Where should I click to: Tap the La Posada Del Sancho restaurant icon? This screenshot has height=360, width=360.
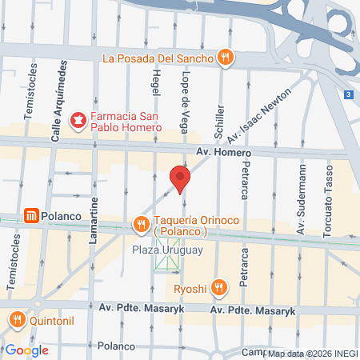click(x=226, y=58)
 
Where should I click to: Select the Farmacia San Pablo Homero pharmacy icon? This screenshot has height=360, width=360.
click(x=78, y=122)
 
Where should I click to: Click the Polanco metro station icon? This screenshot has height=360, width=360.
click(x=31, y=215)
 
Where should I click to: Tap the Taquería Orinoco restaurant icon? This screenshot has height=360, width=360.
click(x=142, y=222)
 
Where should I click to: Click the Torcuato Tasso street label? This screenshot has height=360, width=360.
click(x=327, y=194)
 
